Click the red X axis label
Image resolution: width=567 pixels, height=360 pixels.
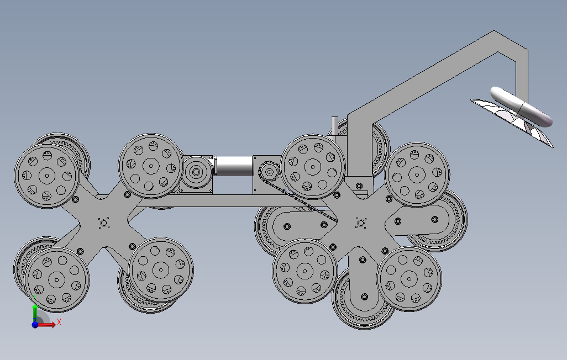pyautogui.click(x=59, y=322)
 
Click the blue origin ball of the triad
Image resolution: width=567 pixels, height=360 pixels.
pyautogui.click(x=35, y=325)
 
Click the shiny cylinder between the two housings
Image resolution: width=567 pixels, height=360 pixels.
pyautogui.click(x=234, y=166)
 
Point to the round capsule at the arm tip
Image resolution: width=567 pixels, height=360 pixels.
pyautogui.click(x=521, y=107)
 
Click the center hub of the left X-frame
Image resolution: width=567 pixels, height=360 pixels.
pyautogui.click(x=104, y=223)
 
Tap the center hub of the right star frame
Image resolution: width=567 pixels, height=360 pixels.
pyautogui.click(x=360, y=223)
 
